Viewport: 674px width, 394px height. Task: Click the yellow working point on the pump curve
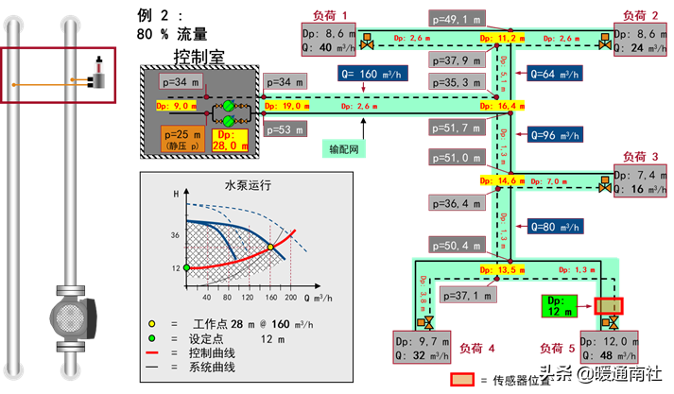pyautogui.click(x=269, y=248)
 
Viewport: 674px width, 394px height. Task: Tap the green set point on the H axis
pyautogui.click(x=187, y=268)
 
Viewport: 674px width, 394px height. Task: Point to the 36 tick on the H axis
pyautogui.click(x=175, y=233)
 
